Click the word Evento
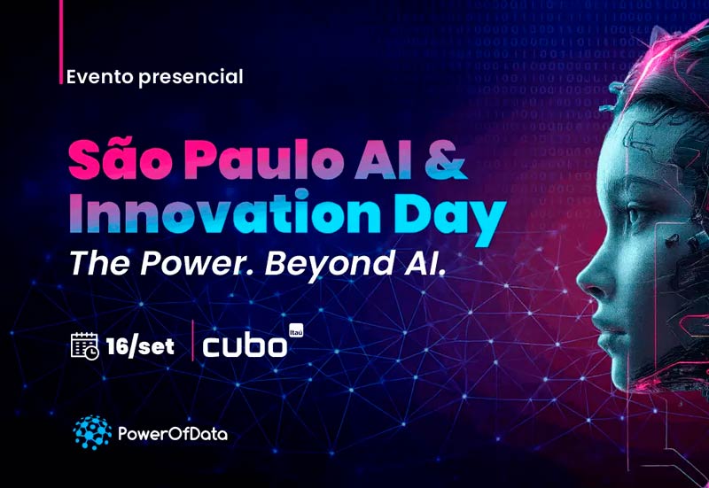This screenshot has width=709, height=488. pyautogui.click(x=100, y=77)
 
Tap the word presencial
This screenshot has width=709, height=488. pyautogui.click(x=191, y=78)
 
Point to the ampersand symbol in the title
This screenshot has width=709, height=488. pyautogui.click(x=445, y=159)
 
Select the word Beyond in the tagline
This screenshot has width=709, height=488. pyautogui.click(x=329, y=264)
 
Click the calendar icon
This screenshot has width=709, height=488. pyautogui.click(x=84, y=345)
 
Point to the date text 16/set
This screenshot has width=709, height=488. pyautogui.click(x=140, y=346)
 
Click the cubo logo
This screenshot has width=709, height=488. pyautogui.click(x=245, y=345)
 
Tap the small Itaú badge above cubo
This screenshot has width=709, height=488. pyautogui.click(x=296, y=330)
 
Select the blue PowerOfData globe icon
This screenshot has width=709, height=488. pyautogui.click(x=92, y=433)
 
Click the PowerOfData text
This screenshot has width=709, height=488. pyautogui.click(x=172, y=434)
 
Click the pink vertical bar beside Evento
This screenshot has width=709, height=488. pyautogui.click(x=60, y=42)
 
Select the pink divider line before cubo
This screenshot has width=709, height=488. pyautogui.click(x=193, y=341)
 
